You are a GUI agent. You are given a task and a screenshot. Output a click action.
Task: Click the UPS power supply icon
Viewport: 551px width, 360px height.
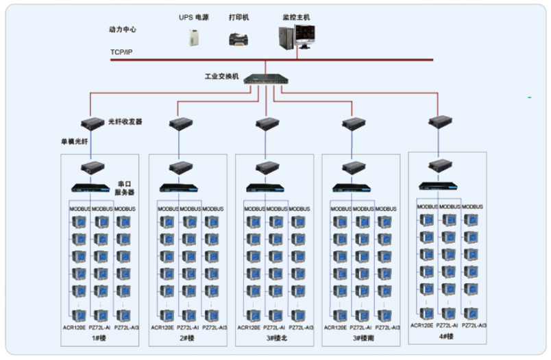pyautogui.click(x=193, y=37)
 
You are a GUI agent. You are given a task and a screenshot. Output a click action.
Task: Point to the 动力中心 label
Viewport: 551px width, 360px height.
pyautogui.click(x=123, y=30)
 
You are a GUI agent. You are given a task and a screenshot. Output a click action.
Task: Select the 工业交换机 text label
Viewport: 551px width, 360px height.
pyautogui.click(x=221, y=77)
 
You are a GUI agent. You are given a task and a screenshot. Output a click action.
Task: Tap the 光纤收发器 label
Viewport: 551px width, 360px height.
pyautogui.click(x=125, y=121)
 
